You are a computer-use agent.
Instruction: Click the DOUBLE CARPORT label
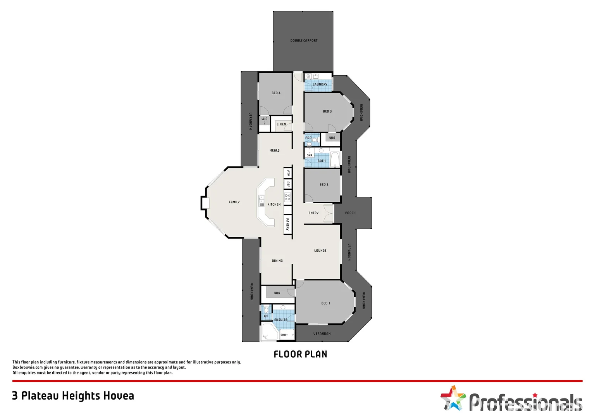tap(304, 40)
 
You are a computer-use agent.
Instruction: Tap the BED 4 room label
tap(276, 93)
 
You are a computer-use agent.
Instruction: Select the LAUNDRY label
tap(320, 84)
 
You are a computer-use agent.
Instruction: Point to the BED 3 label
tap(327, 111)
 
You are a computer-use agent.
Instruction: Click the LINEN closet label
tap(281, 125)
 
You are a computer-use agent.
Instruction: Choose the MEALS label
tap(274, 151)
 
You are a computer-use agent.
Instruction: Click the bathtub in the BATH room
tap(335, 159)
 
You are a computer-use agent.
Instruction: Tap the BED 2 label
tap(324, 185)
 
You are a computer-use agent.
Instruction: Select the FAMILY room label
tap(234, 202)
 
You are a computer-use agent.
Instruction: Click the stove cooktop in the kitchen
tap(287, 197)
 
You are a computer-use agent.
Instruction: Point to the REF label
tap(288, 184)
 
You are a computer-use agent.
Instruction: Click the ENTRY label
tap(313, 213)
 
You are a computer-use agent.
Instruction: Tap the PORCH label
tap(350, 213)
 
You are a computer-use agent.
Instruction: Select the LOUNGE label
tap(320, 251)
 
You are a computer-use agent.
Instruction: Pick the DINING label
tap(277, 261)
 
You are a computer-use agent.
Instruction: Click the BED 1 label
tap(325, 303)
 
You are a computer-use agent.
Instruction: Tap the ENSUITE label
tap(281, 320)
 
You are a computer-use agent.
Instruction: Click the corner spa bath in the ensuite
tap(268, 333)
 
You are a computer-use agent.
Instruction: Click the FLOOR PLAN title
tap(300, 354)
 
